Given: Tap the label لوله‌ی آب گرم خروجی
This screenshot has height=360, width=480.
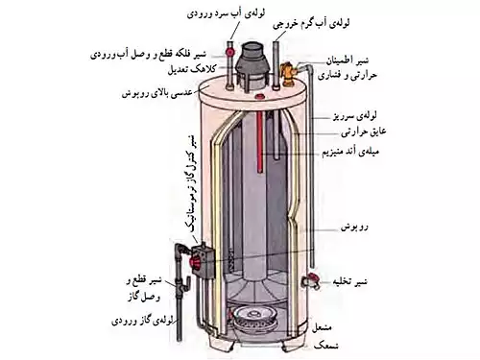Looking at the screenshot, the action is [284, 19].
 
